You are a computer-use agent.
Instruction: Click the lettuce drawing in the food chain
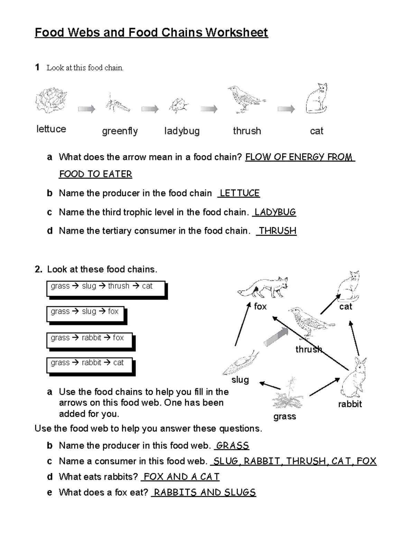point(51,100)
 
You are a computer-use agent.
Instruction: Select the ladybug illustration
point(179,105)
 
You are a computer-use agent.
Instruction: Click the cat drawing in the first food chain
point(317,99)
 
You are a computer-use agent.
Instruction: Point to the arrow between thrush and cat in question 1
point(286,109)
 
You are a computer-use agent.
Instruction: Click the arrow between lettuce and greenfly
point(86,109)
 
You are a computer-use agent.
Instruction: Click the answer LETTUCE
point(239,193)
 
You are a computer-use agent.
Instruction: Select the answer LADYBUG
point(275,212)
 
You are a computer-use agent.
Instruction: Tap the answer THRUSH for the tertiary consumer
point(277,231)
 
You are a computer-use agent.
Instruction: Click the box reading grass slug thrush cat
point(106,289)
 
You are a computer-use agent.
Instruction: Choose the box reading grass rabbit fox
point(90,341)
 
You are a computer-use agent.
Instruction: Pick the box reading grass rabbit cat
point(90,365)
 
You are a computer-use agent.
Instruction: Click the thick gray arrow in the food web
point(276,337)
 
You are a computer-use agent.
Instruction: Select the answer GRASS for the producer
point(232,446)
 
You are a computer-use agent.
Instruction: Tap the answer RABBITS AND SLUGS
point(204,492)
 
